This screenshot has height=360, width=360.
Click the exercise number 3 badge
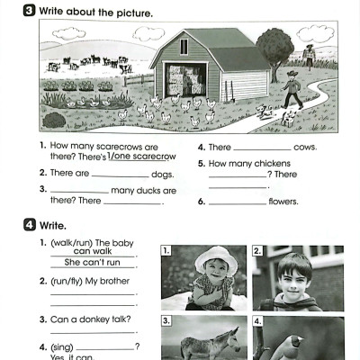pyautogui.click(x=30, y=13)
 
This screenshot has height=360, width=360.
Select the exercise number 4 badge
pyautogui.click(x=30, y=227)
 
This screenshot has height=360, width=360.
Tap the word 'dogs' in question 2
pyautogui.click(x=162, y=174)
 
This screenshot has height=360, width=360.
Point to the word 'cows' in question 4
pyautogui.click(x=305, y=147)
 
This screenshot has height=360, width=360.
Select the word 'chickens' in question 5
pyautogui.click(x=273, y=164)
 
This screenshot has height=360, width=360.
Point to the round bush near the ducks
pyautogui.click(x=54, y=119)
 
